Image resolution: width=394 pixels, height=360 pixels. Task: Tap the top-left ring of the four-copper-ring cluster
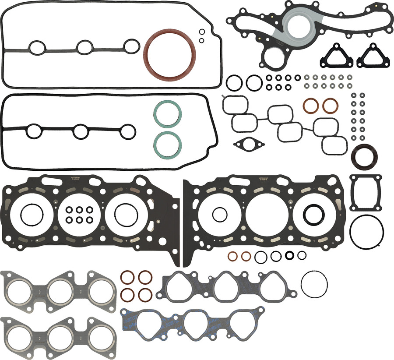coord(127,277)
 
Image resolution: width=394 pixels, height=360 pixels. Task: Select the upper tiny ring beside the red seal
coord(202,32)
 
